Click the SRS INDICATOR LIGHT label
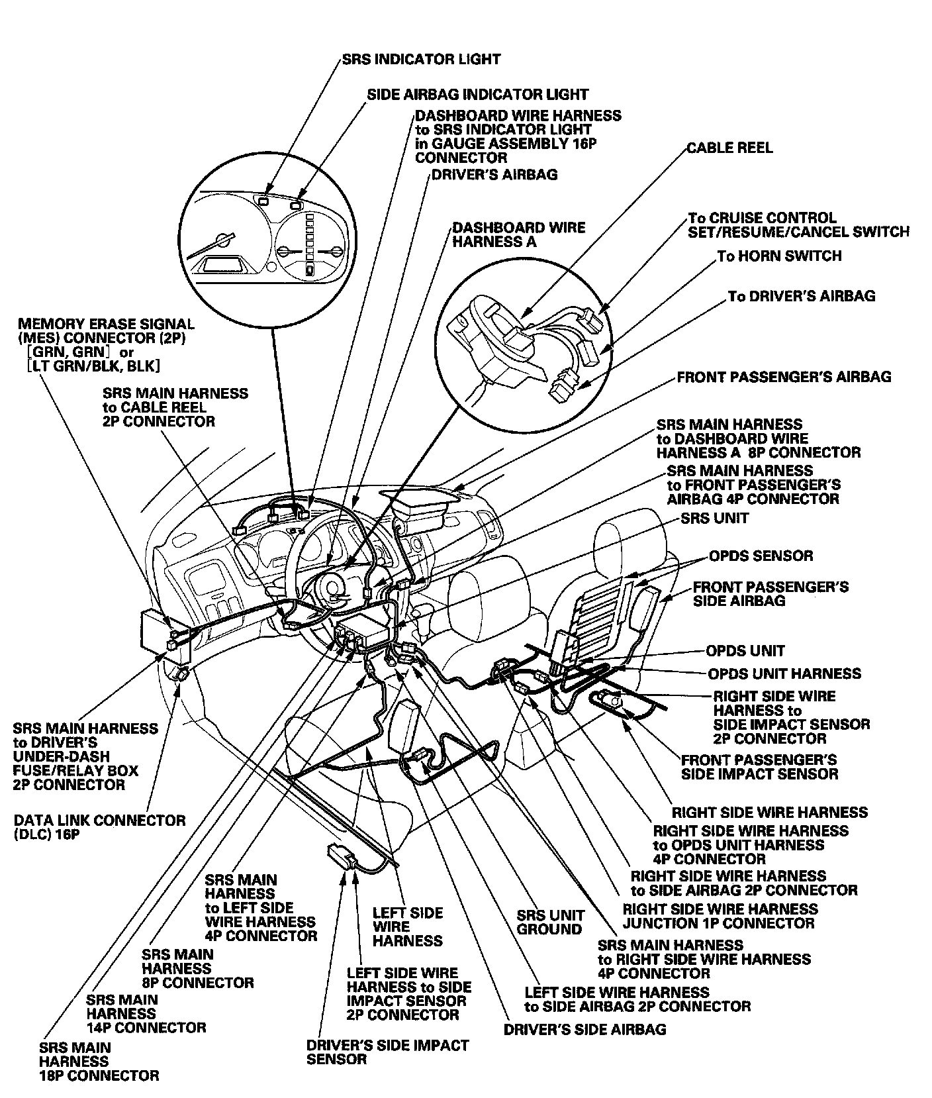click(421, 59)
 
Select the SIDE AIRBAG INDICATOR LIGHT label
click(477, 95)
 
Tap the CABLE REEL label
click(729, 147)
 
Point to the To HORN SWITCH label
click(779, 256)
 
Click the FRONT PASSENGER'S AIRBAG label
click(784, 377)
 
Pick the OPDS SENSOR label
click(761, 556)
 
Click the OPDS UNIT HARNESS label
click(784, 674)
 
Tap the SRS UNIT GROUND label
click(550, 922)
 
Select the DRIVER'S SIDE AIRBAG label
click(584, 1029)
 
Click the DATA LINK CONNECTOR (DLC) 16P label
click(99, 827)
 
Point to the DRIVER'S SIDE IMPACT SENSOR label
click(387, 1052)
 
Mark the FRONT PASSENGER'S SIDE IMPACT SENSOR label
click(759, 766)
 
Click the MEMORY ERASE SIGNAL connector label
click(106, 345)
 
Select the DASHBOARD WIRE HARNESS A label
click(518, 234)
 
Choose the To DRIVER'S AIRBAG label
click(801, 296)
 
